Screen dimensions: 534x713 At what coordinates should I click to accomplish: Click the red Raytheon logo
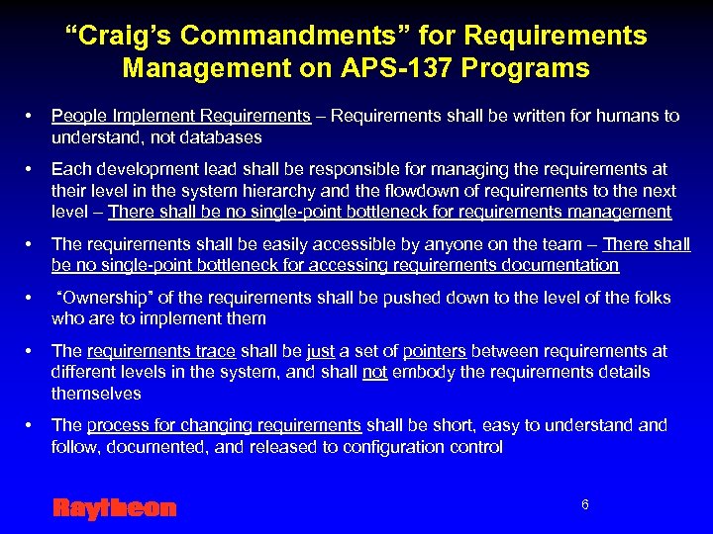coord(114,508)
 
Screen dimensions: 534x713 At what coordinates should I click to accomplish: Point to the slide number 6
coord(584,504)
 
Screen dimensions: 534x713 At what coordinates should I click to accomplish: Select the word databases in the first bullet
coord(223,137)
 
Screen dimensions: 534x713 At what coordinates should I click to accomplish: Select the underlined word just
coord(321,351)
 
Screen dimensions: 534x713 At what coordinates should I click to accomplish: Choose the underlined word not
coord(373,372)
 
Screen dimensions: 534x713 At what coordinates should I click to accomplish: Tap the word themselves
coord(96,394)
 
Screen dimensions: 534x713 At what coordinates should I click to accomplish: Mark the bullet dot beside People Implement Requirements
coord(30,116)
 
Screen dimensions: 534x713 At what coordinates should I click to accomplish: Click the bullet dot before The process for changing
coord(30,425)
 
